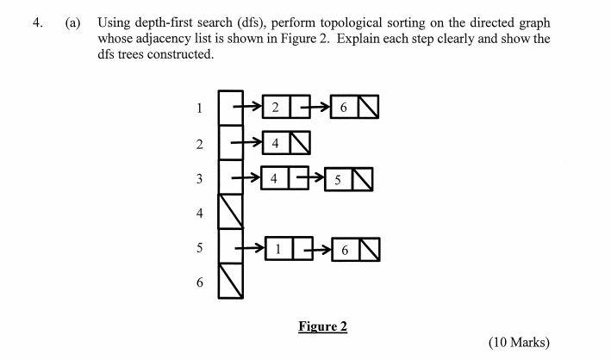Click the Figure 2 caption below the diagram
322,326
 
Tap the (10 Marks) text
518,342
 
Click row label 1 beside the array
199,109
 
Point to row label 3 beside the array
199,178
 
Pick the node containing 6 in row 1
344,107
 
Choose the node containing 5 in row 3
339,179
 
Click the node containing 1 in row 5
279,250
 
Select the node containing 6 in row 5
344,250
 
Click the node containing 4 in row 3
274,178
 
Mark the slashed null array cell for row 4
230,212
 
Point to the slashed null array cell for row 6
230,282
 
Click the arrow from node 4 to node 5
312,178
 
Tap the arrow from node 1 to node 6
317,250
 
